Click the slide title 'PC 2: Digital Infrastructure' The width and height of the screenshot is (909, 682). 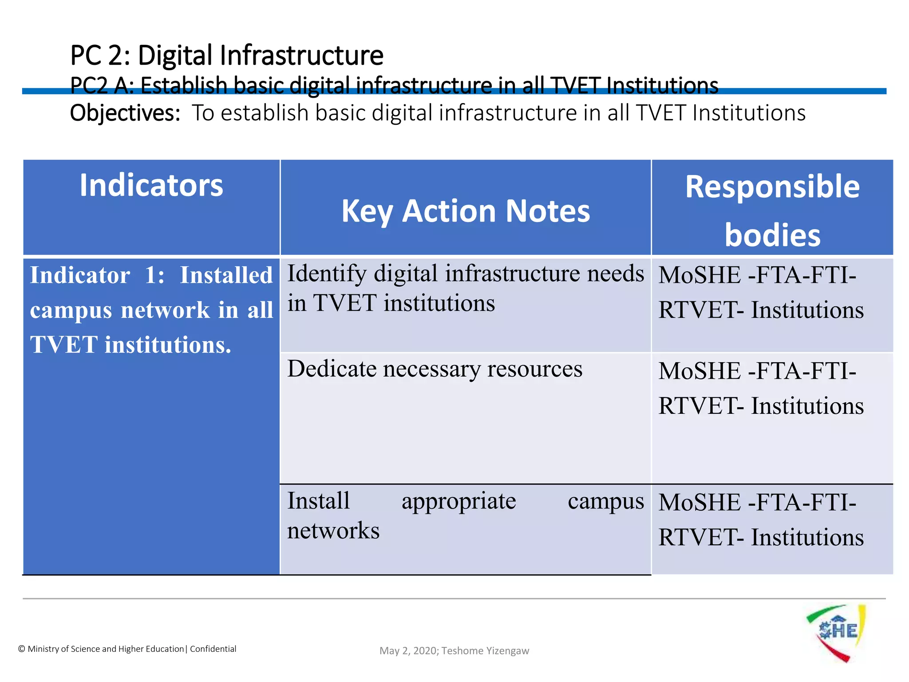[x=226, y=56]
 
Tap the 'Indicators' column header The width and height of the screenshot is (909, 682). [x=151, y=185]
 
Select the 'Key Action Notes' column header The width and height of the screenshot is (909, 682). [x=466, y=211]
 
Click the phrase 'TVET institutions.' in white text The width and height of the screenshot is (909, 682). [x=130, y=345]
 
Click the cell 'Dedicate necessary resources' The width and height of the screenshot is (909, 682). [x=435, y=369]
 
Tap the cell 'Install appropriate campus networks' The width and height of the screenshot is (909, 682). [x=465, y=515]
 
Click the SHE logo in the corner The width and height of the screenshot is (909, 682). [x=836, y=632]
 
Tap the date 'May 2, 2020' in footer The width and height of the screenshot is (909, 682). [x=408, y=651]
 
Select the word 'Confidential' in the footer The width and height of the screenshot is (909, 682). [x=213, y=649]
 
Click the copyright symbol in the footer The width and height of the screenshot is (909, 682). [x=21, y=649]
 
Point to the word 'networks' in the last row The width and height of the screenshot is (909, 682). [x=333, y=531]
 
